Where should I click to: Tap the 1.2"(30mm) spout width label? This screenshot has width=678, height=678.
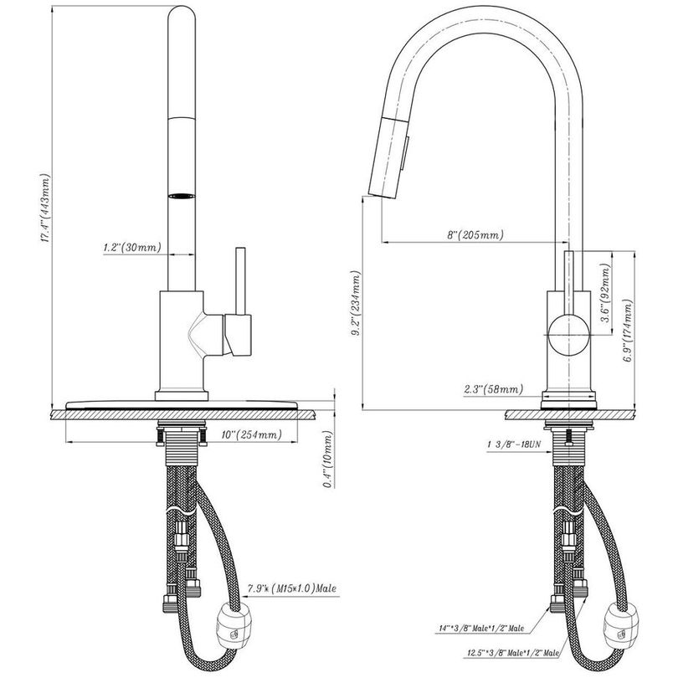pyautogui.click(x=132, y=248)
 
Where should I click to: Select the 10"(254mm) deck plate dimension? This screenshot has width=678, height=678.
pyautogui.click(x=251, y=434)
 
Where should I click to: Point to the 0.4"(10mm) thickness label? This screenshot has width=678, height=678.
pyautogui.click(x=329, y=460)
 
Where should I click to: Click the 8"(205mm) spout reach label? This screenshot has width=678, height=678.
pyautogui.click(x=475, y=235)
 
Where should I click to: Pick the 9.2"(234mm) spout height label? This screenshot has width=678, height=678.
pyautogui.click(x=357, y=304)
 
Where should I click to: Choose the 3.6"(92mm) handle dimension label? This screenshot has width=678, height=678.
pyautogui.click(x=606, y=292)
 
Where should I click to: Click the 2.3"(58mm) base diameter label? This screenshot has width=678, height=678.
pyautogui.click(x=493, y=388)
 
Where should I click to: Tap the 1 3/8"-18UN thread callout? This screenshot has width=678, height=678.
pyautogui.click(x=514, y=444)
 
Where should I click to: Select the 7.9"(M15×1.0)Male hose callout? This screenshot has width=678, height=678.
pyautogui.click(x=292, y=588)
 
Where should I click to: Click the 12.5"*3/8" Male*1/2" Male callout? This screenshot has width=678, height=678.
pyautogui.click(x=512, y=653)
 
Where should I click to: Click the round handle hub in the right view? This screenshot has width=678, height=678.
pyautogui.click(x=569, y=335)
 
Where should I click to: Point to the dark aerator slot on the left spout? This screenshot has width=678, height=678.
pyautogui.click(x=181, y=196)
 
